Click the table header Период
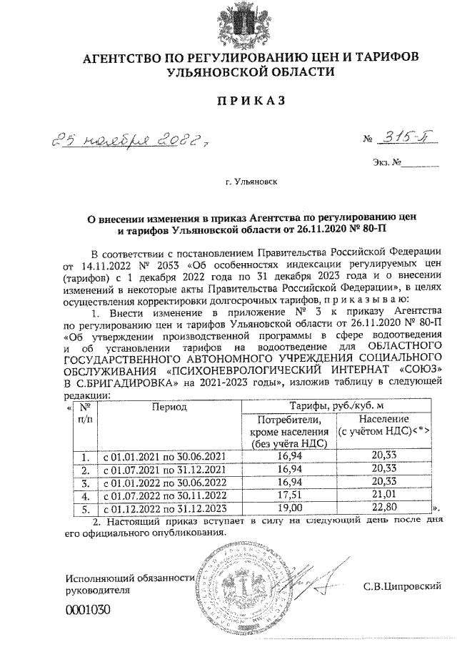click(x=169, y=408)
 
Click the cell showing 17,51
click(x=290, y=495)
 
